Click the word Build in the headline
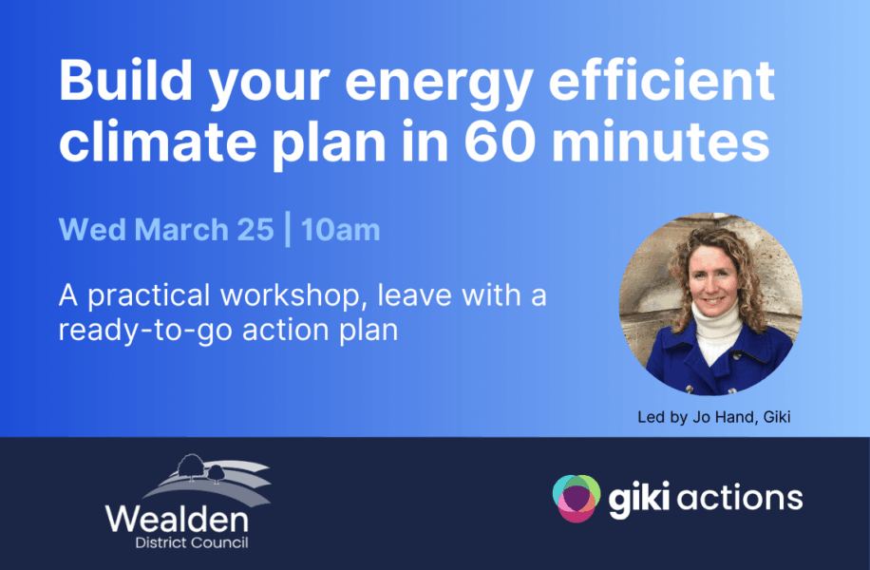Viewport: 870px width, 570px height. pos(125,80)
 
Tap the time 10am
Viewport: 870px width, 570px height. pos(341,229)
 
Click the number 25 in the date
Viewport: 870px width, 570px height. pos(255,229)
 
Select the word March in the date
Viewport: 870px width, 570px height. pos(181,229)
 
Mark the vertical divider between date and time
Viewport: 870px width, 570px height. pos(288,229)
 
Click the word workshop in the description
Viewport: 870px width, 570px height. pos(291,295)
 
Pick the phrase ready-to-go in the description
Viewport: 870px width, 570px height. pos(146,332)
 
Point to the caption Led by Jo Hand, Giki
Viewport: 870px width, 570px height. pos(713,417)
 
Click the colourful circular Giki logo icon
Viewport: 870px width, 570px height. pos(577,498)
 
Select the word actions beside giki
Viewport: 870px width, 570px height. pos(740,497)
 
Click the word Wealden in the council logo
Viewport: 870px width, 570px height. pos(177,520)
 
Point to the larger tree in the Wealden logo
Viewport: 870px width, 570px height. pos(190,466)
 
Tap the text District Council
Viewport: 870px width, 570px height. pos(192,542)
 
